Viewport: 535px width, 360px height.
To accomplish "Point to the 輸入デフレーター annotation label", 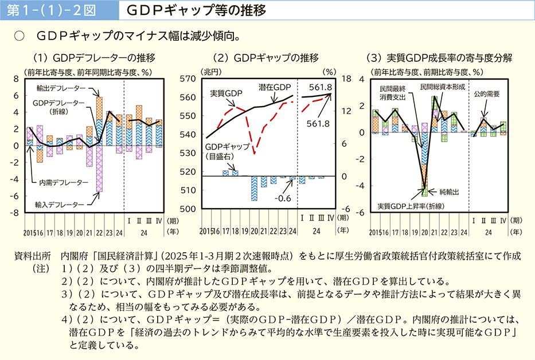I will click(x=59, y=204).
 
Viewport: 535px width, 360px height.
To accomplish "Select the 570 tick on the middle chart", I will click(x=189, y=79).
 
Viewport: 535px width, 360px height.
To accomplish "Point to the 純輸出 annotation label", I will click(x=449, y=190).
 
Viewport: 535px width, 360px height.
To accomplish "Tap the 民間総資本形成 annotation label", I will click(x=442, y=87).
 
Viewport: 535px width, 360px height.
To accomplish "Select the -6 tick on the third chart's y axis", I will click(x=361, y=212).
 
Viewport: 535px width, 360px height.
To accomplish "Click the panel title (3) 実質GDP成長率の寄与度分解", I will click(x=439, y=58).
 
